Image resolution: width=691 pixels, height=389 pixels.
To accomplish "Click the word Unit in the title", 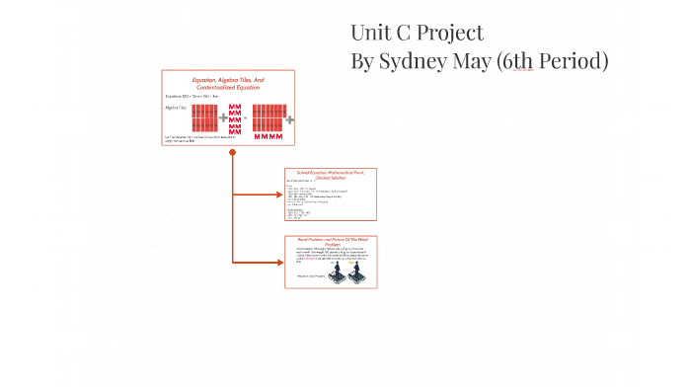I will coord(371,32).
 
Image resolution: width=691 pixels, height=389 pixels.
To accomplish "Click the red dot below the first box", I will coord(233,152).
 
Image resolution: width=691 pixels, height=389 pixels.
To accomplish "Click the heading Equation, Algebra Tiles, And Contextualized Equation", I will coord(228,83).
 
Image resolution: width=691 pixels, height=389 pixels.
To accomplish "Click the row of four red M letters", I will coord(268,135).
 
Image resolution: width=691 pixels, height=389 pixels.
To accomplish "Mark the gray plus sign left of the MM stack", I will coord(223,117).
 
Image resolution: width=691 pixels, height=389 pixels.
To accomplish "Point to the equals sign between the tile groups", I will coord(246,117).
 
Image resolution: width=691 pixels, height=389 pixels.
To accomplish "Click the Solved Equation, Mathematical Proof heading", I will coord(331,174).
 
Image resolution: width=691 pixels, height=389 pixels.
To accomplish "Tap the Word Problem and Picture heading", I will coord(331,241).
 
